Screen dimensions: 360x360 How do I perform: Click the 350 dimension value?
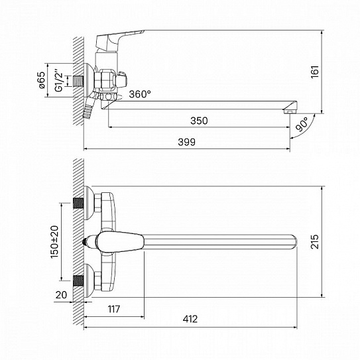(x=199, y=121)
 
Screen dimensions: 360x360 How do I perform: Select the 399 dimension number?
(x=187, y=142)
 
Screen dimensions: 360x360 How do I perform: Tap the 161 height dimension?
(x=315, y=72)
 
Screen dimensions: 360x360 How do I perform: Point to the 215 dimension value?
(x=315, y=241)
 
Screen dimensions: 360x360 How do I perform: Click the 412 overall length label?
(x=190, y=319)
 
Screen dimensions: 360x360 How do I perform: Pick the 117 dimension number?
(x=114, y=309)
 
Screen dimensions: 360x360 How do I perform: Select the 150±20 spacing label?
(x=54, y=242)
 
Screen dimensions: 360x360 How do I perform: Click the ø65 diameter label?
(x=42, y=80)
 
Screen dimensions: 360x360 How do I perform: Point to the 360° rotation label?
(x=140, y=94)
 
